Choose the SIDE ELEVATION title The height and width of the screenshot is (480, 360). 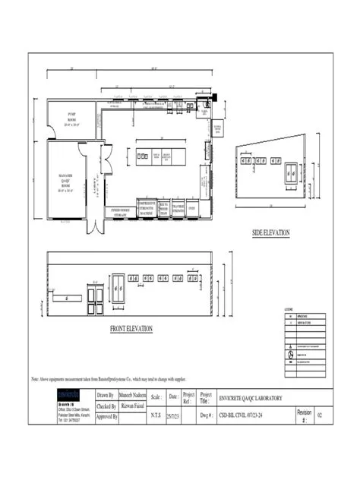pos(270,232)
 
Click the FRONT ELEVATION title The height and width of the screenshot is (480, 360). pos(131,329)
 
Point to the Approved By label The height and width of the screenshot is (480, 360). pos(107,417)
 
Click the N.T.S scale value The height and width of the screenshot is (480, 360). pos(156,416)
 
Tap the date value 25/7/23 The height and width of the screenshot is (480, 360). pos(173,416)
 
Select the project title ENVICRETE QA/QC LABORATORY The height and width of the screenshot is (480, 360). pos(251,398)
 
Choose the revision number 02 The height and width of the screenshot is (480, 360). pos(320,416)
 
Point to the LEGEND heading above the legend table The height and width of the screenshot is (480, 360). pos(288,310)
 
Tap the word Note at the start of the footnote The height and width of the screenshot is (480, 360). pos(35,378)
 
